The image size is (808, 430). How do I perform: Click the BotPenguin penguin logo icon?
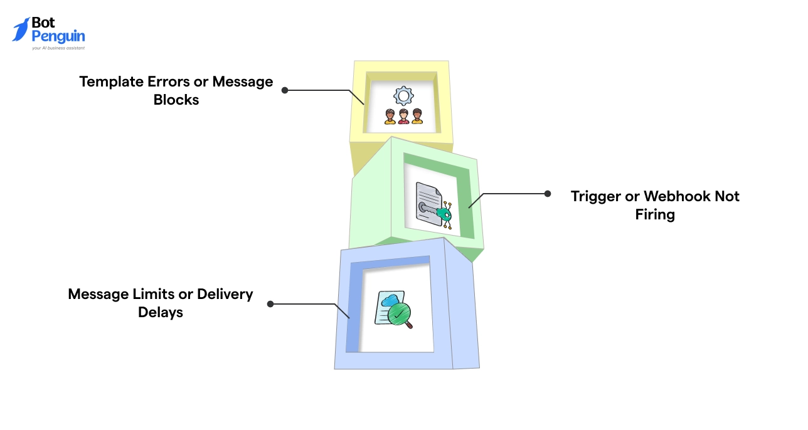pyautogui.click(x=21, y=29)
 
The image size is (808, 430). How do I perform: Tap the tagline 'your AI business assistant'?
pyautogui.click(x=58, y=48)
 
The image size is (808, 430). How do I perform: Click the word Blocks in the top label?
pyautogui.click(x=176, y=100)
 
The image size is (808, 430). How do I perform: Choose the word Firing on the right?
pyautogui.click(x=655, y=214)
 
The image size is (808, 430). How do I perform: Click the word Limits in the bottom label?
pyautogui.click(x=164, y=294)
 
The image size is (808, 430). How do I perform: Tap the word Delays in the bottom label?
pyautogui.click(x=161, y=312)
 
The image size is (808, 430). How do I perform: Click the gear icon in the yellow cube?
pyautogui.click(x=403, y=96)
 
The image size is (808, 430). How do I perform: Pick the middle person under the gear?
pyautogui.click(x=403, y=117)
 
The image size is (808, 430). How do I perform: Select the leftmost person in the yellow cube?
pyautogui.click(x=390, y=117)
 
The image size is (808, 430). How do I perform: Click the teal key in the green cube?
pyautogui.click(x=444, y=215)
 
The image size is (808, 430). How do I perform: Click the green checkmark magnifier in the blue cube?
pyautogui.click(x=398, y=314)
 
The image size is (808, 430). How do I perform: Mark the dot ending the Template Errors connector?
pyautogui.click(x=285, y=90)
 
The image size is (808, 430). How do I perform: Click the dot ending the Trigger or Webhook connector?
pyautogui.click(x=547, y=194)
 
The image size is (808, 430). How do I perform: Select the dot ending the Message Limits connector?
pyautogui.click(x=270, y=303)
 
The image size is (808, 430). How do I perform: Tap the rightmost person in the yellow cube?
pyautogui.click(x=417, y=117)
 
